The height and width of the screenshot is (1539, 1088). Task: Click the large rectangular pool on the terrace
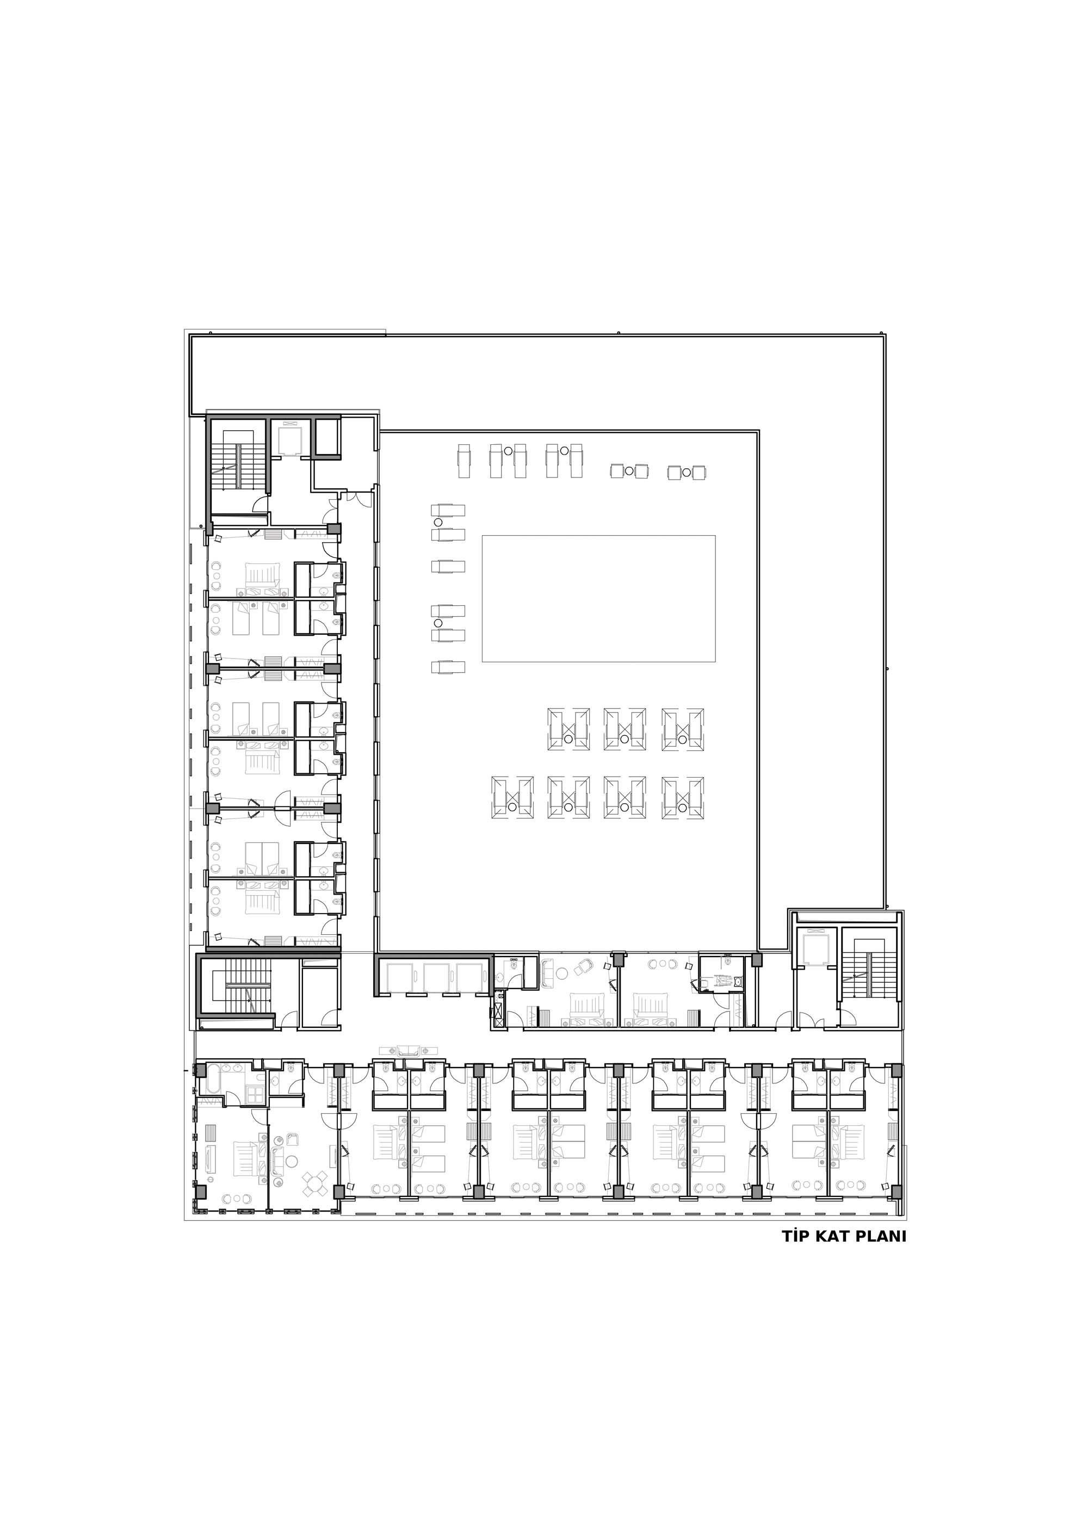(598, 599)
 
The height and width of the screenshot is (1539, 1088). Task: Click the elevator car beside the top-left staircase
(291, 438)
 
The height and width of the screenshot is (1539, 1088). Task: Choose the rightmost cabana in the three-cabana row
(683, 729)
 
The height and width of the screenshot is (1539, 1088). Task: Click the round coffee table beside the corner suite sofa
(292, 1161)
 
